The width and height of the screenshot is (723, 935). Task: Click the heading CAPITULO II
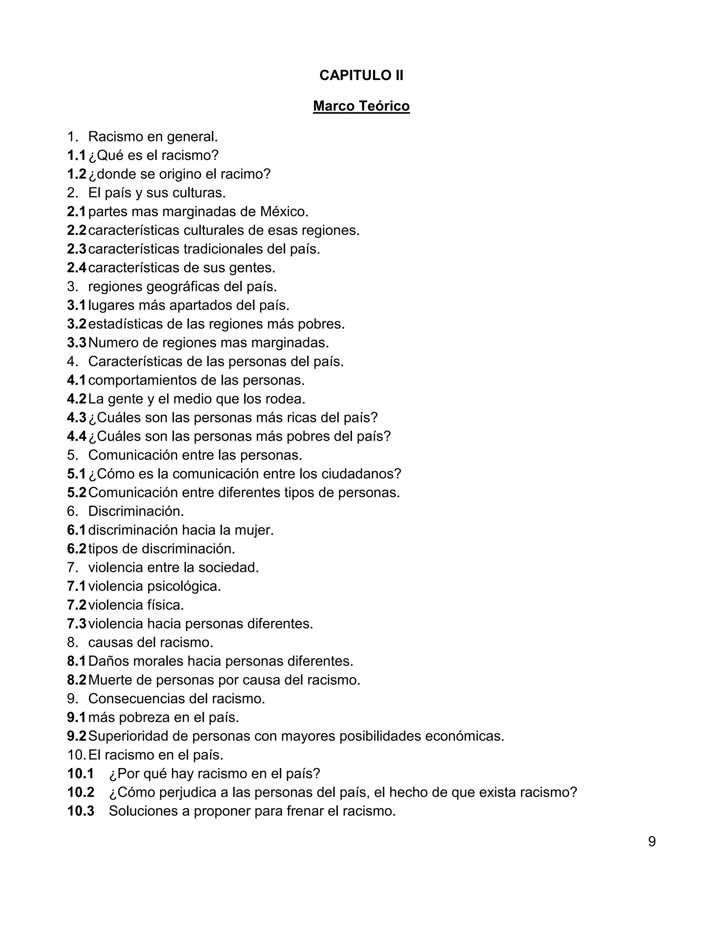[361, 76]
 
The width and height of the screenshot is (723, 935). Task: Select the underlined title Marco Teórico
[361, 106]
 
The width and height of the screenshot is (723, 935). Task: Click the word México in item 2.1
[283, 211]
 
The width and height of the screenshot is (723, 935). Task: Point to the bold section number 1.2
[77, 174]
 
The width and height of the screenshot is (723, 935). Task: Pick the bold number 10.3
[80, 811]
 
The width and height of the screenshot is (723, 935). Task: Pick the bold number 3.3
[77, 343]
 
